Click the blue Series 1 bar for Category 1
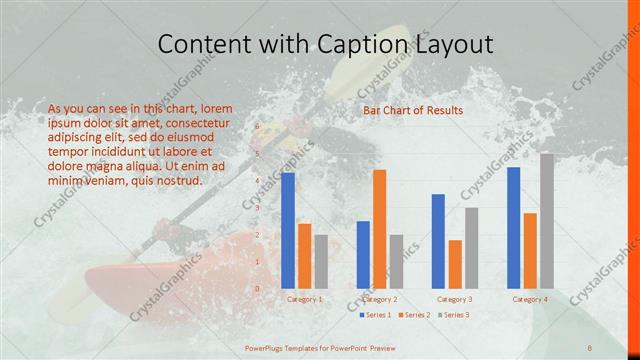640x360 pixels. (288, 230)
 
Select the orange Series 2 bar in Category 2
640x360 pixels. (379, 229)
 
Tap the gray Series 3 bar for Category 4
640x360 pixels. (546, 221)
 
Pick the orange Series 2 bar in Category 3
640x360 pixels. (455, 264)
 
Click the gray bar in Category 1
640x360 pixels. (321, 261)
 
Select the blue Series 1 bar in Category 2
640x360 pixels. (363, 254)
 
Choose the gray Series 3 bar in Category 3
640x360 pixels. (471, 248)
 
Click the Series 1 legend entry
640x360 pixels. (376, 315)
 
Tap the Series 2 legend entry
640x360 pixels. (415, 315)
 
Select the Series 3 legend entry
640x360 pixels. (453, 315)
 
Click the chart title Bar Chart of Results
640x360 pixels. (413, 110)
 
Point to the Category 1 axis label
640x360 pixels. (305, 299)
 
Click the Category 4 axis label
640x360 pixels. (530, 299)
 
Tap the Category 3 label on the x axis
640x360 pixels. (455, 299)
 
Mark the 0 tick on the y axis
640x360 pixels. (257, 289)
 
